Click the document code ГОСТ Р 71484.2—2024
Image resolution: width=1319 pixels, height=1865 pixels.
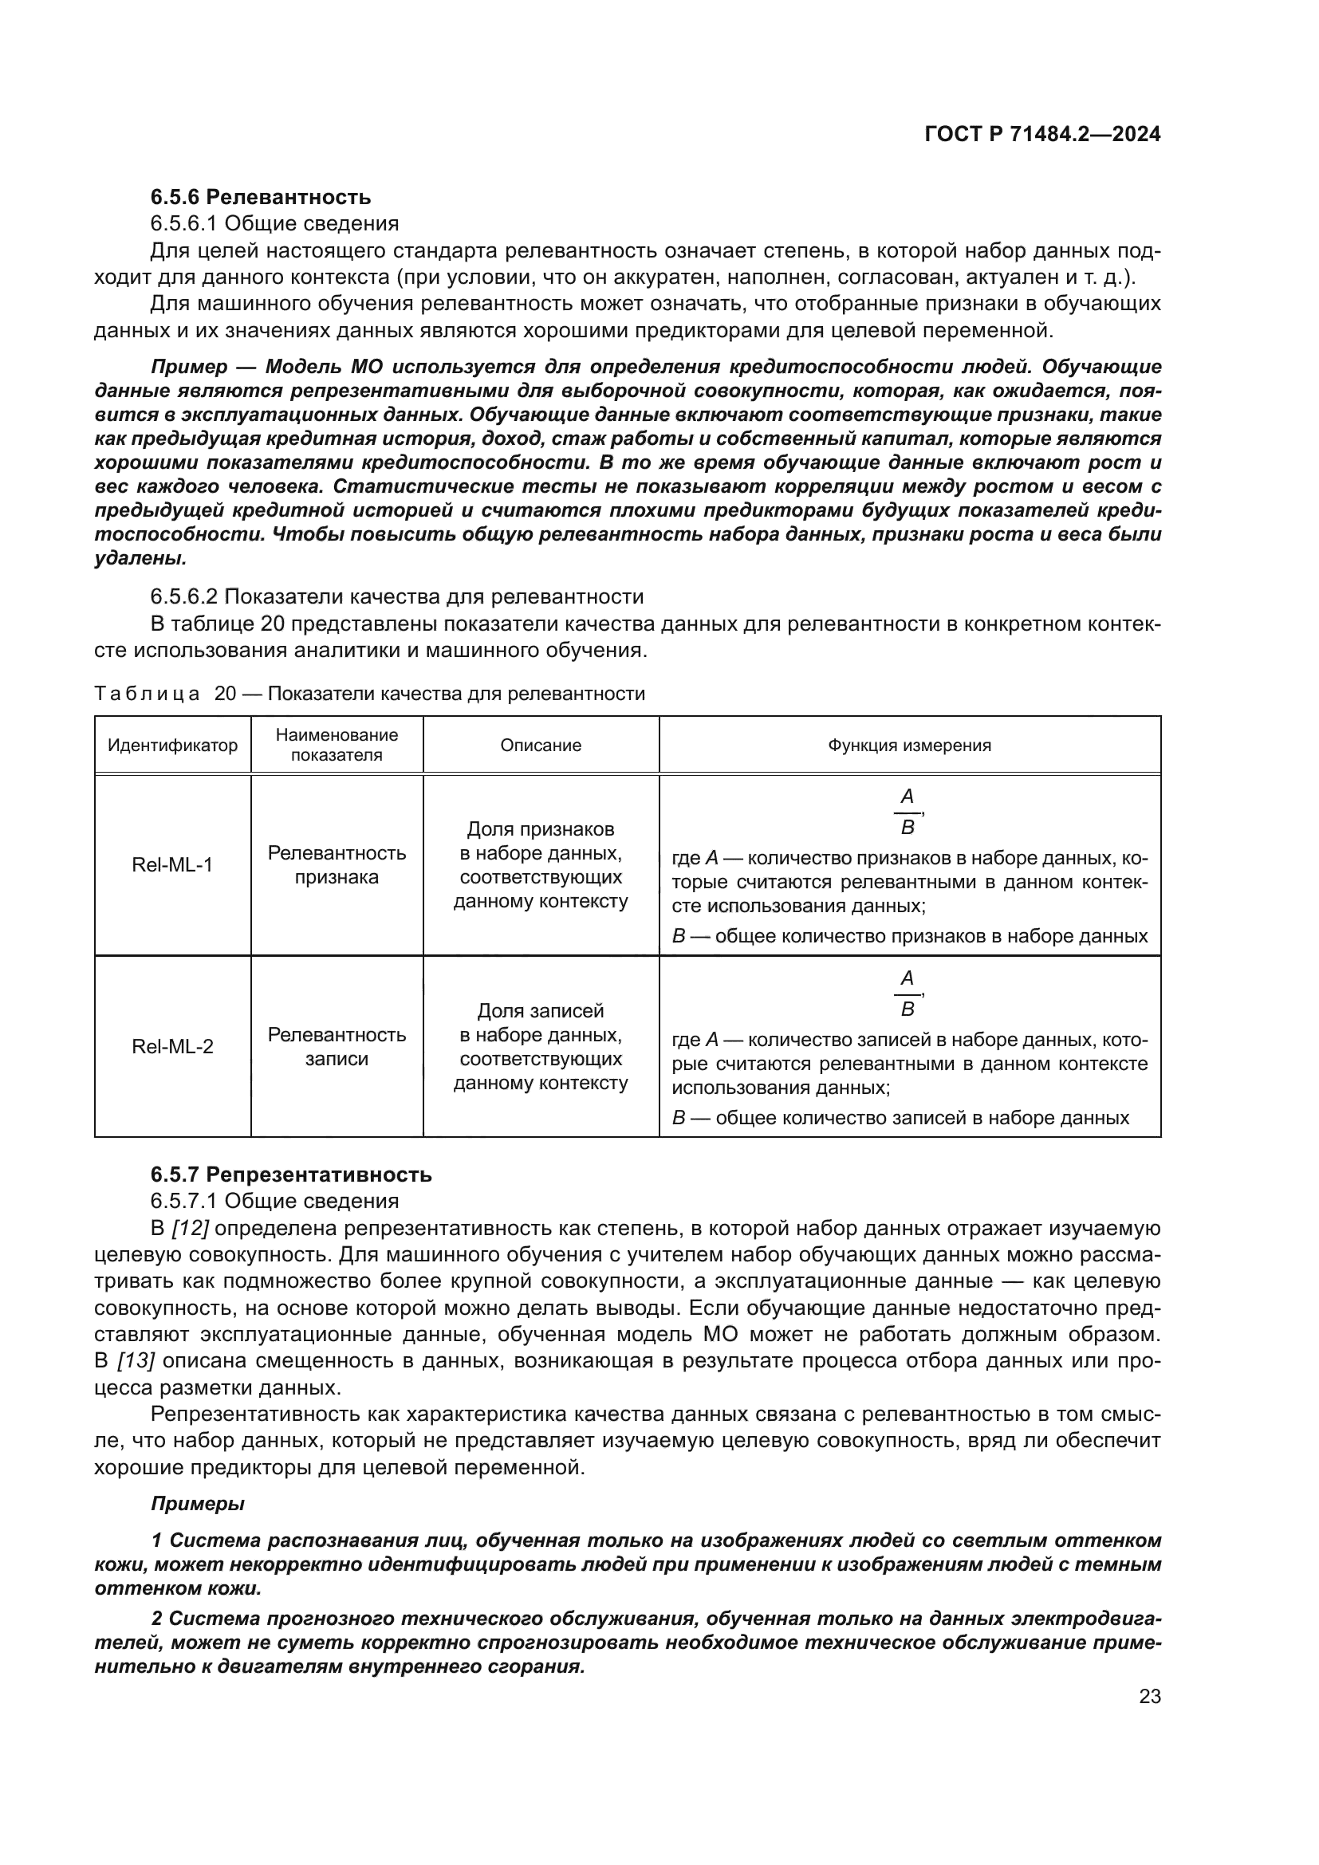tap(1042, 135)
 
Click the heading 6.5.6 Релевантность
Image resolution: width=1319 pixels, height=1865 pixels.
tap(260, 197)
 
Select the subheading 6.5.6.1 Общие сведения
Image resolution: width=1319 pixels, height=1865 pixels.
tap(274, 223)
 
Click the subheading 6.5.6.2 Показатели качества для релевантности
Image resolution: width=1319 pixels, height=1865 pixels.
tap(396, 596)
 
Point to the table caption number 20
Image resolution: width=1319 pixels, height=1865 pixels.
tap(225, 694)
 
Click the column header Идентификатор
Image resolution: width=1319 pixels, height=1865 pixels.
tap(173, 745)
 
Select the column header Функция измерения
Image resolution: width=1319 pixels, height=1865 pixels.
tap(909, 745)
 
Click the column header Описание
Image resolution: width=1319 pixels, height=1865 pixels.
tap(540, 745)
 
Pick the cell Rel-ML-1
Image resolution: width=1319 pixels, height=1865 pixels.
tap(172, 865)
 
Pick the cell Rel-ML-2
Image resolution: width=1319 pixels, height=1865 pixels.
tap(172, 1046)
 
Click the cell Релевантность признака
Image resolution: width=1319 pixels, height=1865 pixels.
tap(337, 865)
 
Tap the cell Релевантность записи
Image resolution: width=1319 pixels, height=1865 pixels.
tap(337, 1046)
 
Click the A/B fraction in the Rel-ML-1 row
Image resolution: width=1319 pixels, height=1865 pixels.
tap(908, 812)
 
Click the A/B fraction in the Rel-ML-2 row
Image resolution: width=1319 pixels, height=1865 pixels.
tap(908, 993)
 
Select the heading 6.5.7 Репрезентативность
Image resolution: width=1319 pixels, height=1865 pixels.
tap(291, 1174)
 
